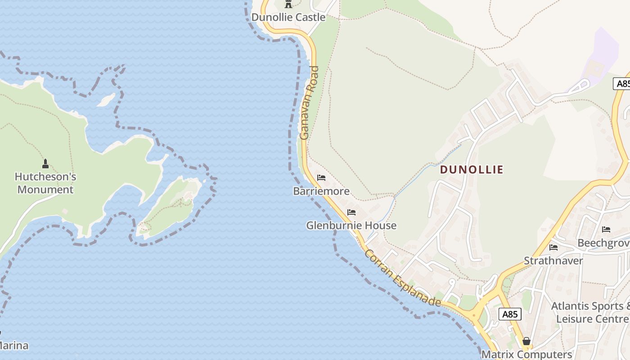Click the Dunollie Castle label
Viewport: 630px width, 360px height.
click(288, 17)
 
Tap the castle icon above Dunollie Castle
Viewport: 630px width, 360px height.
click(288, 4)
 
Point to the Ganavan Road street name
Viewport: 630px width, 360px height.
click(309, 103)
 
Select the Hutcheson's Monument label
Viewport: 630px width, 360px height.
click(45, 183)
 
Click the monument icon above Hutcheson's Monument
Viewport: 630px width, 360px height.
click(45, 163)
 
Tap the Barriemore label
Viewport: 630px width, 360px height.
click(321, 191)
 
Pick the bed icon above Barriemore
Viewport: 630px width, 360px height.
click(321, 178)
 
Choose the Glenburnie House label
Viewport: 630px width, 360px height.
click(351, 225)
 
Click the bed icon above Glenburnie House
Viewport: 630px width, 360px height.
click(351, 212)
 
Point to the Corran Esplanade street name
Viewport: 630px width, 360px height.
click(402, 278)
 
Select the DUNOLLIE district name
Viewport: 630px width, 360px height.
click(472, 170)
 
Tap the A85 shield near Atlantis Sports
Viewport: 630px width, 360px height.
click(510, 314)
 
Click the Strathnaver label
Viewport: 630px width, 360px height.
click(553, 261)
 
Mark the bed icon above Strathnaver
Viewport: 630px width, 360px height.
click(553, 247)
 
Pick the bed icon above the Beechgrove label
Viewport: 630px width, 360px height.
click(606, 229)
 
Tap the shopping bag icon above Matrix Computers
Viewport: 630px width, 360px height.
click(526, 341)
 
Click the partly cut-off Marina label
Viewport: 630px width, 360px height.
click(13, 346)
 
